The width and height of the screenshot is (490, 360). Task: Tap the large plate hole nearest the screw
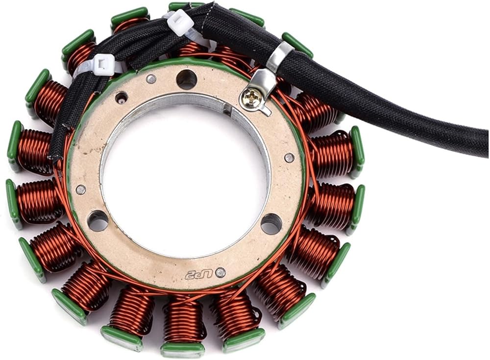coord(187,79)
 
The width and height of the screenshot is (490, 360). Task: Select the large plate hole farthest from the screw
coord(98,220)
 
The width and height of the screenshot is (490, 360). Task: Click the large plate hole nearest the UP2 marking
coord(271,224)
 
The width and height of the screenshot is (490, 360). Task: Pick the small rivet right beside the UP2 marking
coord(221,272)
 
